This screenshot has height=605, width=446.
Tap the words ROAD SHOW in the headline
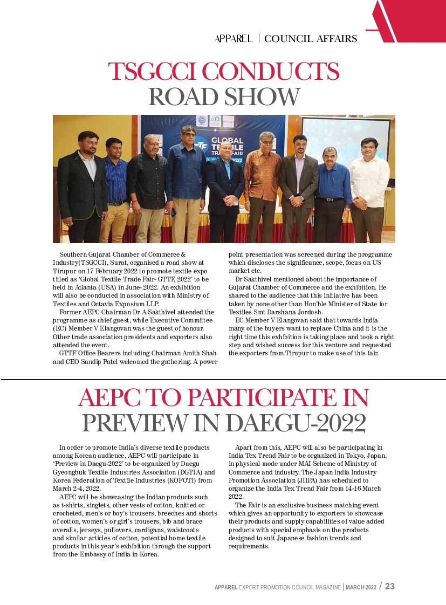[x=223, y=97]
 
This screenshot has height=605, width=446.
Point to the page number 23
[x=389, y=586]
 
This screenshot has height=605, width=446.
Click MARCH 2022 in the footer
[x=361, y=587]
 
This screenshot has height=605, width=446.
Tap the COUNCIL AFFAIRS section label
[x=311, y=39]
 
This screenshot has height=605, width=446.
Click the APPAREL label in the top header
[x=234, y=39]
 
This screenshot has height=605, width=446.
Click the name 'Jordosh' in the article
[x=307, y=312]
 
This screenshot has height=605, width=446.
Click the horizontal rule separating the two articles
[x=223, y=380]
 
